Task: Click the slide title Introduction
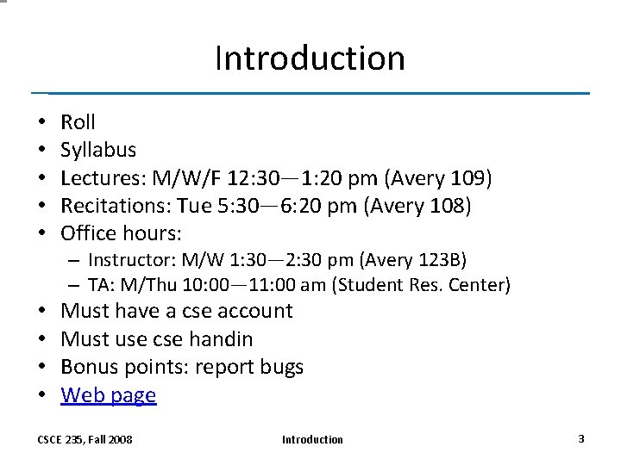point(310,59)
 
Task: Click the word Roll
point(78,122)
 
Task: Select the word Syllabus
point(98,151)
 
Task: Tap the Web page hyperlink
point(109,395)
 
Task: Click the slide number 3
point(581,438)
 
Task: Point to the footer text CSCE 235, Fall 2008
point(85,439)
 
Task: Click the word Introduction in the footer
point(312,439)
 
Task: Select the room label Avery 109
point(439,178)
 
